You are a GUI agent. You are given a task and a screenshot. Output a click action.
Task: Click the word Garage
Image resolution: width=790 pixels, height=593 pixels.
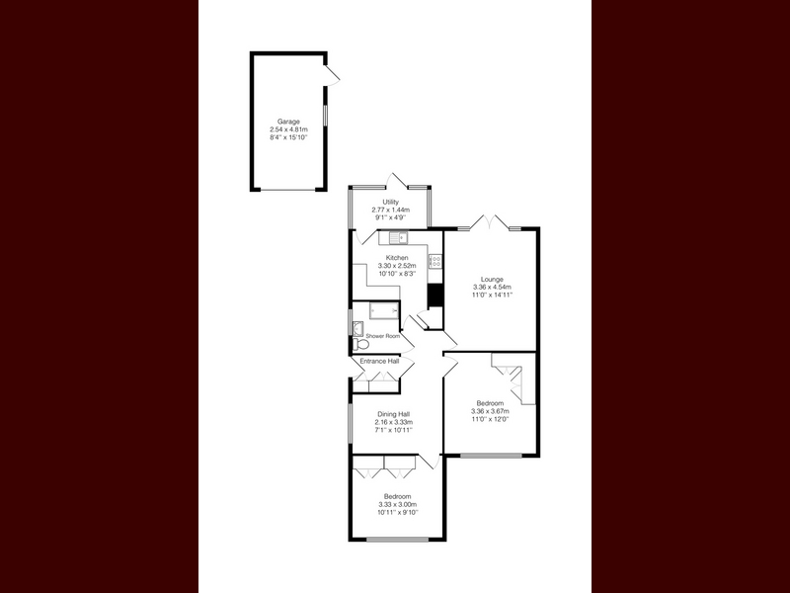point(288,122)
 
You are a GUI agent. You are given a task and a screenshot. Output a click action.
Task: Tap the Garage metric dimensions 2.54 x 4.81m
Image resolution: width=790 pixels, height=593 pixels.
point(288,129)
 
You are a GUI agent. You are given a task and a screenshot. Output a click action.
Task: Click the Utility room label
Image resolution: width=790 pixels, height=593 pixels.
point(390,203)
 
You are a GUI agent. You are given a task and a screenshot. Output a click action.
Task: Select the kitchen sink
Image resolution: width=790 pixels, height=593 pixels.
point(399,236)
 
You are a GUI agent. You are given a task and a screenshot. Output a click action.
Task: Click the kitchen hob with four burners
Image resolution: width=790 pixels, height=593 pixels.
point(435,261)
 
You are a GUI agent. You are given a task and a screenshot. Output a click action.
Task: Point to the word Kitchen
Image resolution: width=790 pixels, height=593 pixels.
point(397,258)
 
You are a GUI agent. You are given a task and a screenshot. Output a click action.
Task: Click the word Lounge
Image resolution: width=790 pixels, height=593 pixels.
point(492,280)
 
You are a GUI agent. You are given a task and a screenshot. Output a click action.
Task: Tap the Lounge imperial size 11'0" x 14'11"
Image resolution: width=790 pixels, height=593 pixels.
point(492,295)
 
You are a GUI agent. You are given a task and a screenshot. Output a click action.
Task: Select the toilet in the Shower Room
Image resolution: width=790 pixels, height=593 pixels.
point(360,344)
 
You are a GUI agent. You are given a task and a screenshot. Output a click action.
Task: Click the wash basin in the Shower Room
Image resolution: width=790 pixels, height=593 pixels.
point(357,328)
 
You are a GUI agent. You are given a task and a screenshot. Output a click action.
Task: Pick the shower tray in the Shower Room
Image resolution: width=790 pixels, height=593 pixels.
point(384,310)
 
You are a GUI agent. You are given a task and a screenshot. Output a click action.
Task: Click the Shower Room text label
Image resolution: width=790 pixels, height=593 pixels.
point(383,336)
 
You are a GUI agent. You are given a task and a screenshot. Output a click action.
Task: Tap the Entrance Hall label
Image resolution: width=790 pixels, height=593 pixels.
point(379,361)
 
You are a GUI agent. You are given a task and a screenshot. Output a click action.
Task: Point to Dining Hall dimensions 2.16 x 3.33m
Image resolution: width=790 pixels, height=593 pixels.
point(393,422)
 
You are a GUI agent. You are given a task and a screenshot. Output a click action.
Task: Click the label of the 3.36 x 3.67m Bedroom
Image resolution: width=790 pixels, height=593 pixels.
point(490,403)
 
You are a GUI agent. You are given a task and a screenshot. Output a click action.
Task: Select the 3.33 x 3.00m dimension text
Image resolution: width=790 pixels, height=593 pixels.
point(398,504)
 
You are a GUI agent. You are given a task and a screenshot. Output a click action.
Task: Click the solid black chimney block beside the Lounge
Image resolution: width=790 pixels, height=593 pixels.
point(434,296)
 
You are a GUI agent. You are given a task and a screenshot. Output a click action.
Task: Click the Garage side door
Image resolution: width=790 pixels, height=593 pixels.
point(332,75)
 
